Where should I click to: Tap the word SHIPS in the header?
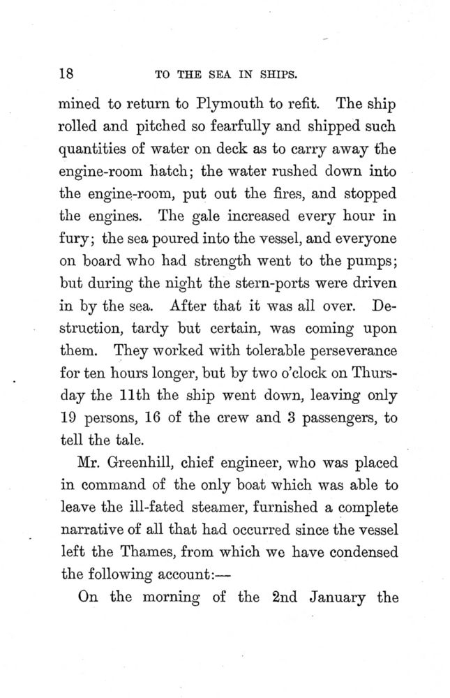(x=282, y=73)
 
